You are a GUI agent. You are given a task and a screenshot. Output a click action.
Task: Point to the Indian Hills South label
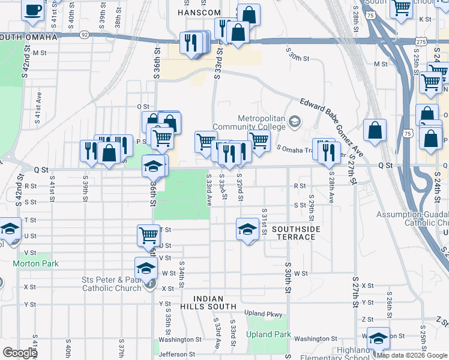click(x=208, y=302)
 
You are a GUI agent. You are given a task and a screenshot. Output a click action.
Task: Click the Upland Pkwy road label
click(x=263, y=314)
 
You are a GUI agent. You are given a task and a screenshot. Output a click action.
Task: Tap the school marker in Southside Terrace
click(x=247, y=229)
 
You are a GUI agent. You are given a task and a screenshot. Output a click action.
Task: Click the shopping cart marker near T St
click(x=148, y=235)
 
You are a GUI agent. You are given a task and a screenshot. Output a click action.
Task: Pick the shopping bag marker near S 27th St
click(x=375, y=130)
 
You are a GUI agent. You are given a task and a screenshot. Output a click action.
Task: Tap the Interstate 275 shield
click(x=420, y=41)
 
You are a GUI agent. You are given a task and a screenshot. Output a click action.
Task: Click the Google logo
click(x=20, y=353)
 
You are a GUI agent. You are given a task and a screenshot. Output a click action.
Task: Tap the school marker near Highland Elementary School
click(x=378, y=338)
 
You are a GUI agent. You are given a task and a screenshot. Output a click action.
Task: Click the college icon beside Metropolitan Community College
click(x=294, y=122)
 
